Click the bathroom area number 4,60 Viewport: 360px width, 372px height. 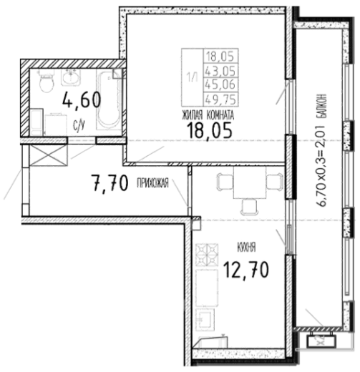point(82,101)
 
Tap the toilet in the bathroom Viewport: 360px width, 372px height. point(47,81)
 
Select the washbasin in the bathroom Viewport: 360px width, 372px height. point(71,77)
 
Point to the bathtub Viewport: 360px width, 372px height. point(109,99)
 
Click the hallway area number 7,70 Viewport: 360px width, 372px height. point(110,183)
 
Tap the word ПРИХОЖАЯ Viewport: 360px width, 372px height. point(152,183)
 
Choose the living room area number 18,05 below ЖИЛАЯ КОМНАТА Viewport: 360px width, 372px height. point(210,131)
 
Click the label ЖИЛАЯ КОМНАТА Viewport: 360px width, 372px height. point(208,115)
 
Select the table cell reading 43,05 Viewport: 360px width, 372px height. point(220,71)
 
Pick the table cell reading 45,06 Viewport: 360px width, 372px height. point(220,84)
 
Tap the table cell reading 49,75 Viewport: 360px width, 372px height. point(220,99)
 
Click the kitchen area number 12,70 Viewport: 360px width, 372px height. point(246,270)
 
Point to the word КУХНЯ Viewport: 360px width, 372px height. point(246,248)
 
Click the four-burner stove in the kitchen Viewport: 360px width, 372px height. point(207,255)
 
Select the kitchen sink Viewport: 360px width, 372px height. point(205,320)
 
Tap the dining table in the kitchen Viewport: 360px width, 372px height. point(250,182)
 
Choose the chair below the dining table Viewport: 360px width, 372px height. point(249,207)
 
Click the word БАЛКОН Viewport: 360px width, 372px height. point(322,106)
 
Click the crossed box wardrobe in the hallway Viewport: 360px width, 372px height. point(48,155)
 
